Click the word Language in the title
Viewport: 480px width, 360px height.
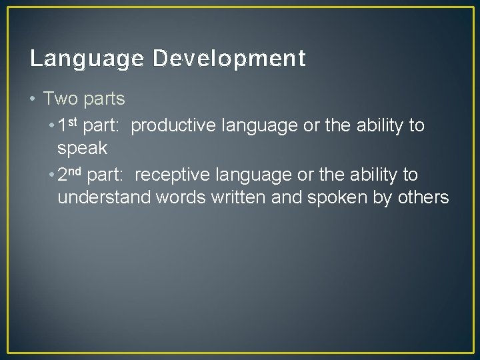coord(87,59)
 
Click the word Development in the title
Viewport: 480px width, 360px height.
coord(229,59)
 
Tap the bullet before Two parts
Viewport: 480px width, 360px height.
coord(33,99)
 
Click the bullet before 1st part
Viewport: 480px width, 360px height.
coord(51,126)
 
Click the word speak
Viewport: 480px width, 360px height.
coord(81,147)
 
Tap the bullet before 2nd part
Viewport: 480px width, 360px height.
coord(51,175)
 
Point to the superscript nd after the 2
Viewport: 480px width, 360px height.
coord(75,171)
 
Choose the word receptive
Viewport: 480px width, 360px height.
coord(171,175)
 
